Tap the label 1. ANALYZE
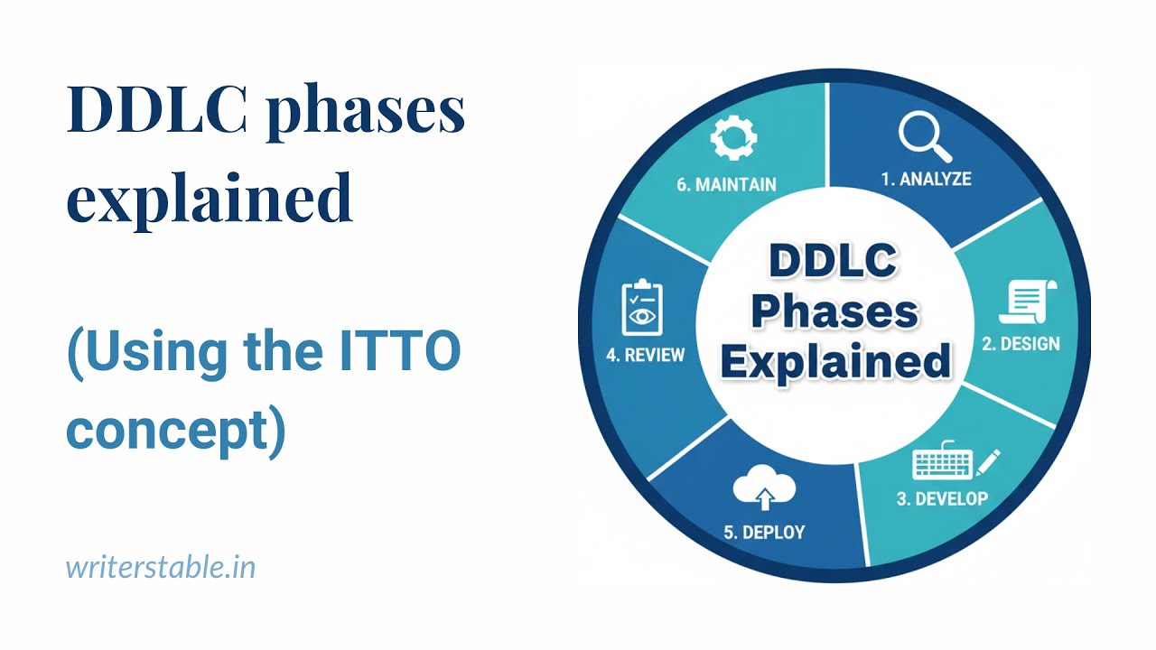(x=926, y=179)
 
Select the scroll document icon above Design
(x=1028, y=302)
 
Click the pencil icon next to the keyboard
(x=988, y=461)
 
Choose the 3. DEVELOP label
(x=942, y=498)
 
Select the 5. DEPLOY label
(x=764, y=532)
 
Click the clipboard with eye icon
(x=643, y=309)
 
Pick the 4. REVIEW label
(x=645, y=355)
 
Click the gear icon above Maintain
(x=732, y=140)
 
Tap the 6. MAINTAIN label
(x=726, y=184)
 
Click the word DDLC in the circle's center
(x=833, y=263)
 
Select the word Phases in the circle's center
(x=834, y=312)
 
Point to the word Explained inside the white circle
(x=835, y=361)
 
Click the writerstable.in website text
(x=161, y=567)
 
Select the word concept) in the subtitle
(x=176, y=432)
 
